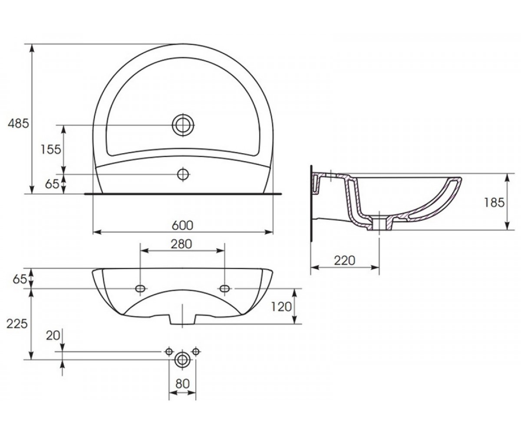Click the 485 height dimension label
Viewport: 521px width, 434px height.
[18, 123]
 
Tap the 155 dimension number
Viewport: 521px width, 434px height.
[51, 149]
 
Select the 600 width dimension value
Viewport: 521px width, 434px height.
[183, 226]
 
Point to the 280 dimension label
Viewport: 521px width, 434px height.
[181, 244]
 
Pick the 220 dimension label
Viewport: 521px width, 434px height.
[344, 261]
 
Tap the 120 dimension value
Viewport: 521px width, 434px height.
[281, 307]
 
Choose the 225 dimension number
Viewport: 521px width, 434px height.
[17, 324]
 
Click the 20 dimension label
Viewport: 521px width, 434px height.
[53, 336]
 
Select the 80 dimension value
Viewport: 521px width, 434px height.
[182, 384]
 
